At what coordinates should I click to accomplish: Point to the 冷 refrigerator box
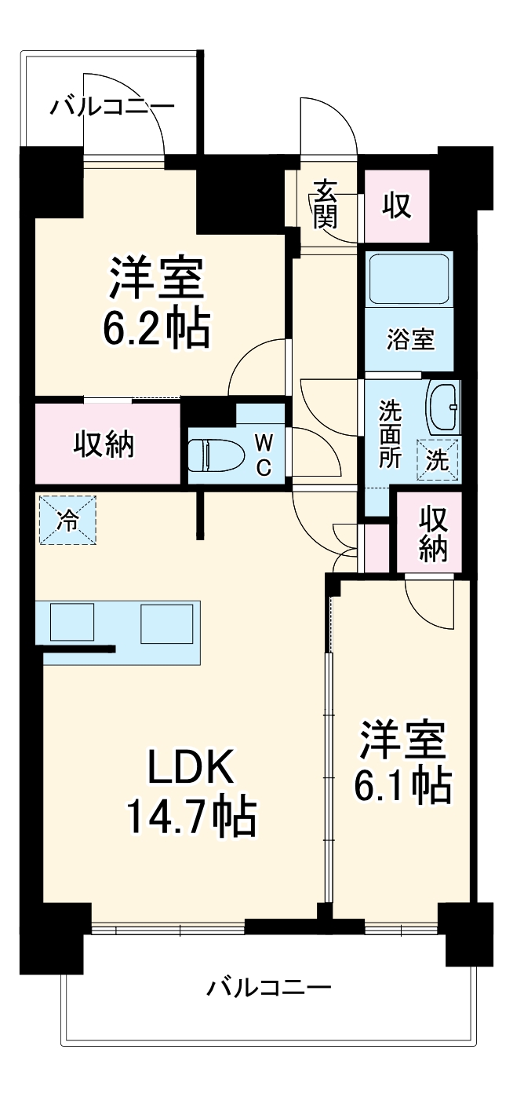pos(67,521)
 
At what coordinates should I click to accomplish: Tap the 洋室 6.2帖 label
pos(156,303)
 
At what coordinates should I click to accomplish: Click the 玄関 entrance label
pos(325,203)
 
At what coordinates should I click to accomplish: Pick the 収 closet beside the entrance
pos(397,205)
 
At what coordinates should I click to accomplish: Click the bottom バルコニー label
pos(269,987)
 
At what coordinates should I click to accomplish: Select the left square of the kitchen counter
pos(71,622)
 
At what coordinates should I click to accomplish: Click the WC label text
pos(264,455)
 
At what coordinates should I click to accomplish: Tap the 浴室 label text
pos(409,340)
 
